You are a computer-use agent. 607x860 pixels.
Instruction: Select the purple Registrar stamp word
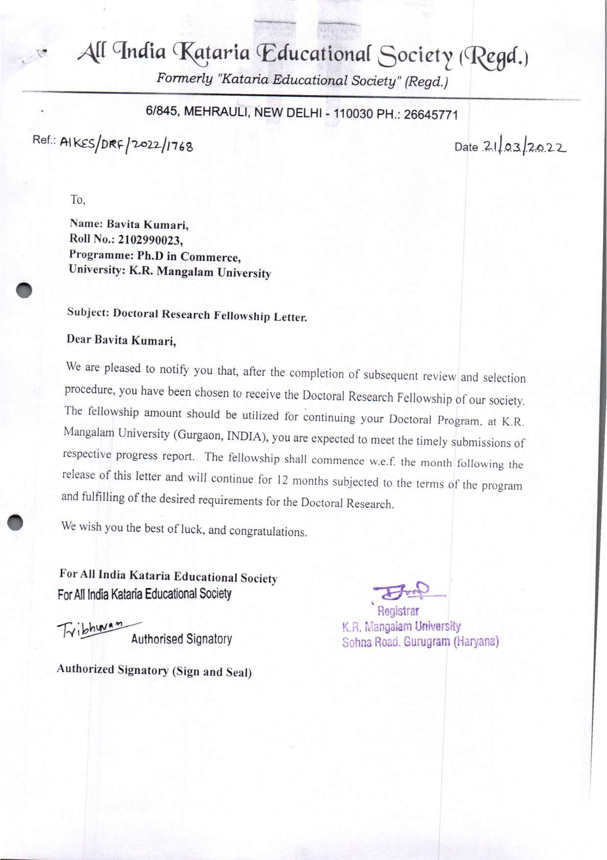pyautogui.click(x=398, y=612)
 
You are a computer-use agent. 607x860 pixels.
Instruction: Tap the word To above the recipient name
pyautogui.click(x=78, y=200)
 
